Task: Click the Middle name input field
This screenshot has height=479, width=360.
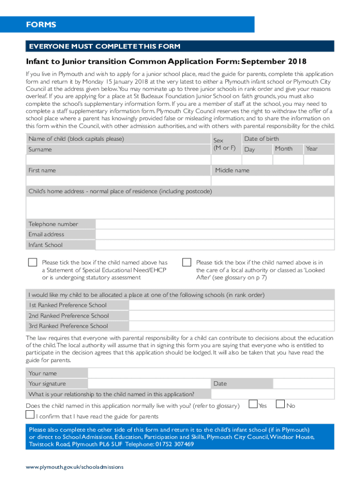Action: coord(273,181)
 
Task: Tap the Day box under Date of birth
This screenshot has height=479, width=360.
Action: coord(257,160)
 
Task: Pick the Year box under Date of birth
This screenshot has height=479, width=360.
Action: coord(319,160)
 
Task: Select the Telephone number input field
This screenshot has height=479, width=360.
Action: coord(215,224)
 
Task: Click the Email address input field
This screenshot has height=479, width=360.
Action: coord(215,234)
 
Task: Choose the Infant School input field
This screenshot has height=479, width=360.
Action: coord(215,245)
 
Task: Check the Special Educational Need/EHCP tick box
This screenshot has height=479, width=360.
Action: coord(32,262)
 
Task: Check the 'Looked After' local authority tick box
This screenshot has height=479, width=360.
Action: coord(187,262)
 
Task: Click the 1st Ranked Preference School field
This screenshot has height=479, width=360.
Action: coord(231,305)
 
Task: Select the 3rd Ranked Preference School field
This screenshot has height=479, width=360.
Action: coord(231,326)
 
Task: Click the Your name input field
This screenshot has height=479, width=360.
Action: coord(211,373)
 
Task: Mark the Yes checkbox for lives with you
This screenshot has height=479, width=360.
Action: coord(253,404)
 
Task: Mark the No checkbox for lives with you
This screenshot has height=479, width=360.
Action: coord(281,404)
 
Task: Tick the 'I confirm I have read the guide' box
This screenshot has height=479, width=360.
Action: coord(29,415)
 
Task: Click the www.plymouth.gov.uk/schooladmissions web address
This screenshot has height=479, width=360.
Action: coord(75,467)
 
